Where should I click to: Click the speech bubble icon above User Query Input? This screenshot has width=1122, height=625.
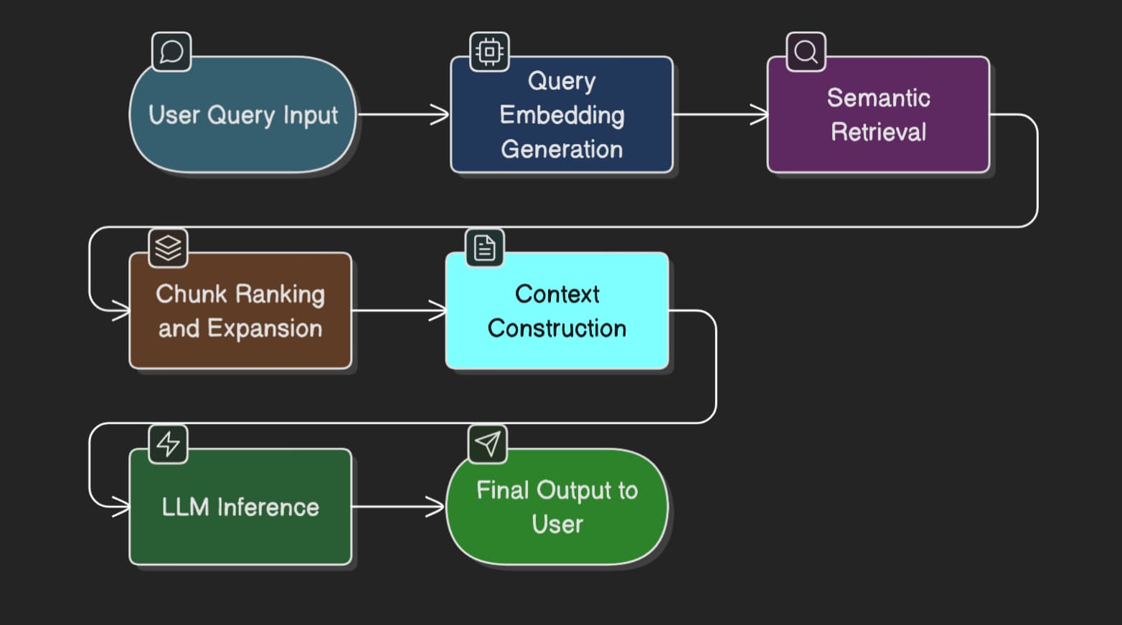[x=171, y=52]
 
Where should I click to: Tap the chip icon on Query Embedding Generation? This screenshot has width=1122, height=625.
[x=489, y=52]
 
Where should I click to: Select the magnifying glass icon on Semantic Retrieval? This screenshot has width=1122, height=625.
[x=806, y=52]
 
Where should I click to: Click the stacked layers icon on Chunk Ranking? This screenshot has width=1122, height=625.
[x=168, y=248]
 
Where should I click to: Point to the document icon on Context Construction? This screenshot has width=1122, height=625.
[x=485, y=248]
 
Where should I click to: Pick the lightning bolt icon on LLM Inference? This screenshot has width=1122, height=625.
[x=168, y=444]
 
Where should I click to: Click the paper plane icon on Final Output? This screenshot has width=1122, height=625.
[x=487, y=444]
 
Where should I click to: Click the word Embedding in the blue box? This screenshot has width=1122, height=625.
[x=562, y=115]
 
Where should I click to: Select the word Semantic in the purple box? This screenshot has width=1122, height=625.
[x=878, y=97]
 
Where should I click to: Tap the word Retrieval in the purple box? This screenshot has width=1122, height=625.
[x=878, y=132]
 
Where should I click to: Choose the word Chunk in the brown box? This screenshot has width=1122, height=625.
[x=192, y=294]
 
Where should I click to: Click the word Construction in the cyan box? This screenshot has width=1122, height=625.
[x=557, y=328]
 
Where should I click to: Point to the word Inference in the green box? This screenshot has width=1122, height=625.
[x=268, y=507]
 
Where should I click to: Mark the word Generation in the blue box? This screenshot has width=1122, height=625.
[x=562, y=149]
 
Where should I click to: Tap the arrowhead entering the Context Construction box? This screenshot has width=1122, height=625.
[x=438, y=310]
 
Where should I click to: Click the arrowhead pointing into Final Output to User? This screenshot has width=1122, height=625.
[x=436, y=507]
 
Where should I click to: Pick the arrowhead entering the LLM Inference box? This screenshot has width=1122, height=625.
[x=122, y=507]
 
